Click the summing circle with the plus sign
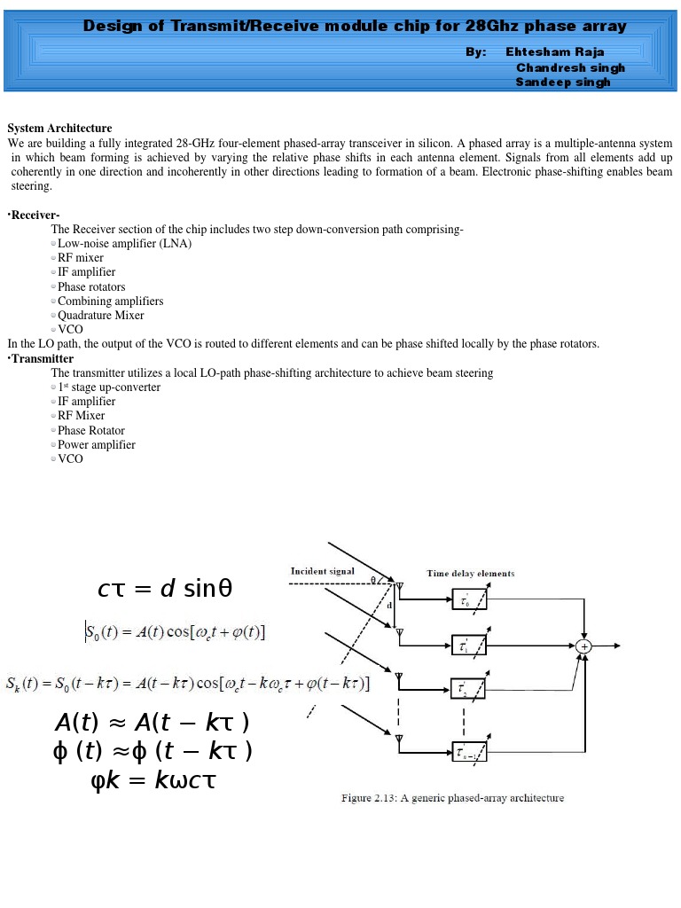[583, 646]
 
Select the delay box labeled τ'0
[468, 601]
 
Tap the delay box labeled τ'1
[468, 646]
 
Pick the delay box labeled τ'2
[468, 689]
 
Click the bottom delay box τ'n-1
[469, 750]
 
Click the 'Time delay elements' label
[470, 573]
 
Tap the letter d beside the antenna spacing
[389, 605]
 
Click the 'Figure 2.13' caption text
[452, 798]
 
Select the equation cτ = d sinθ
[165, 589]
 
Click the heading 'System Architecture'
[59, 129]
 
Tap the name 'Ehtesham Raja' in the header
[555, 52]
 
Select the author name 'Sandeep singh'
[563, 82]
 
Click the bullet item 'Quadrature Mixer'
[100, 315]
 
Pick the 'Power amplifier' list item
[97, 444]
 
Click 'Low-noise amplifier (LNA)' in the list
[124, 243]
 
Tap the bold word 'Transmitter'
[43, 359]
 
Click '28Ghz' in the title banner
[493, 26]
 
